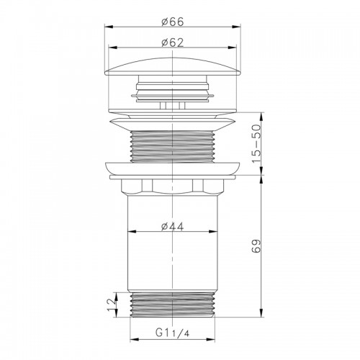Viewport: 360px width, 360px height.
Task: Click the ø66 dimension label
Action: (173, 22)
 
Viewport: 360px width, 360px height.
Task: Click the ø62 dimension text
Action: (173, 42)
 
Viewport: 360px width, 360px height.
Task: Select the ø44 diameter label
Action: (173, 226)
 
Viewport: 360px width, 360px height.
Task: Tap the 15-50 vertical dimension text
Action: (256, 143)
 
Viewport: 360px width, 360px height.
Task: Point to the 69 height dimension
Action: (256, 246)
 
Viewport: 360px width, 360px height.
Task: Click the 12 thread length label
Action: (112, 305)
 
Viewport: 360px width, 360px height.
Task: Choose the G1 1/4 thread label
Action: (173, 333)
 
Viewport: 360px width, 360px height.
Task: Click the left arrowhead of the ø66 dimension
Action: (109, 27)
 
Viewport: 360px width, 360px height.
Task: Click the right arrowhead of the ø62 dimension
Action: (233, 48)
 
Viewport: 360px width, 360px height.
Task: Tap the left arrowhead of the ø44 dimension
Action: (132, 231)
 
